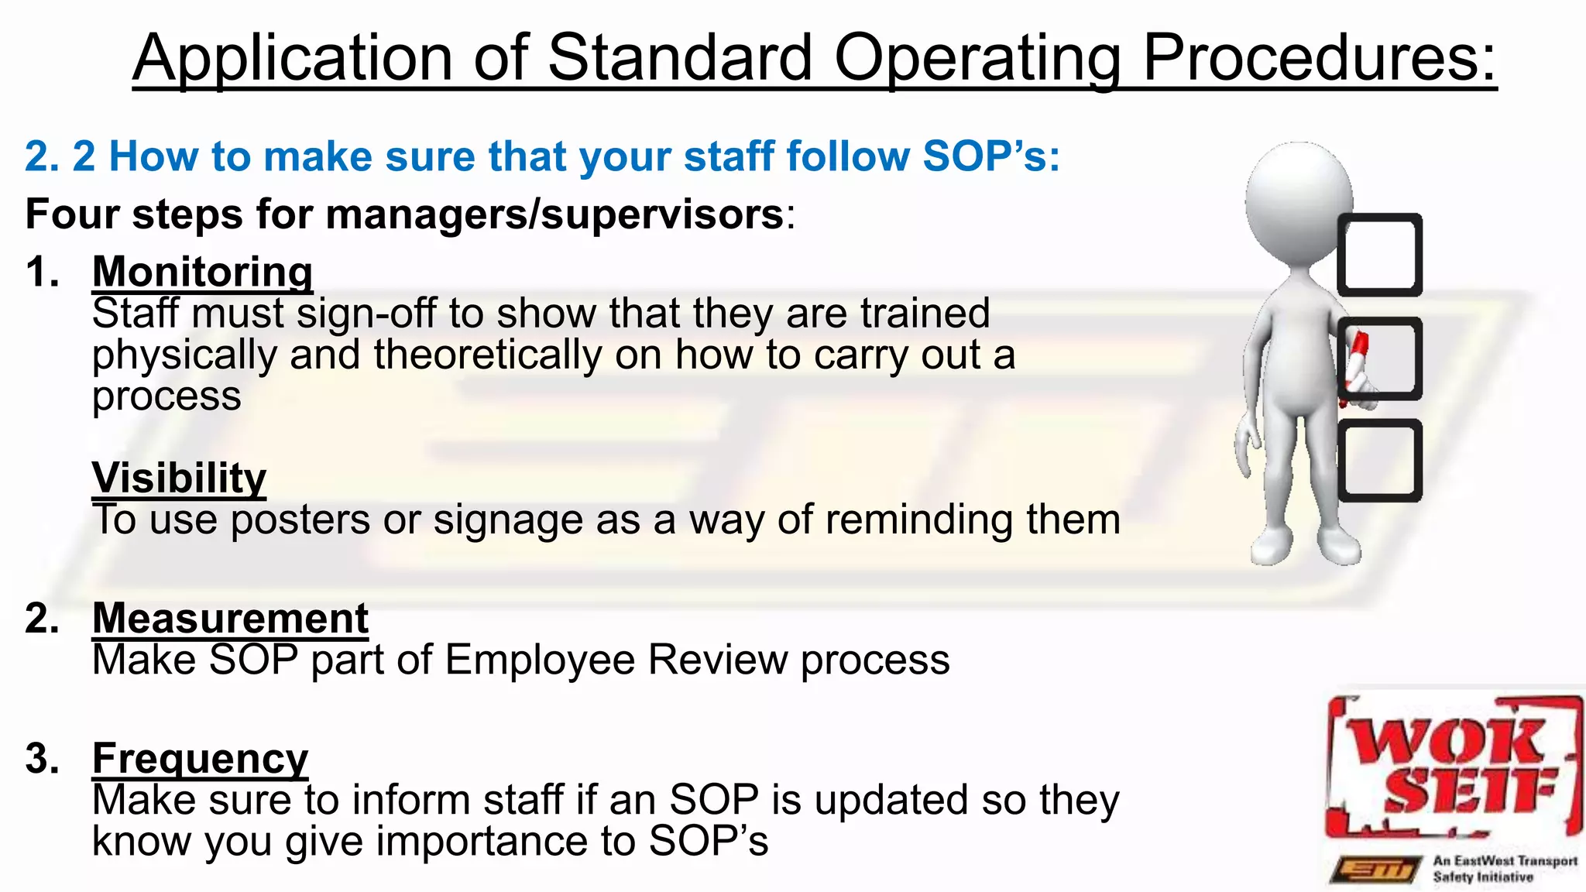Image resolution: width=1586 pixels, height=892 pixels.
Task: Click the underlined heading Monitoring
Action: pyautogui.click(x=202, y=273)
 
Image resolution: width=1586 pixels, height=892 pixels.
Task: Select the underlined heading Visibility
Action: pyautogui.click(x=179, y=478)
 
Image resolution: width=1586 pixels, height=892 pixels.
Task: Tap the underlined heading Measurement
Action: pyautogui.click(x=230, y=619)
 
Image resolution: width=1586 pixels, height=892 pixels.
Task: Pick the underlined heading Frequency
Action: pyautogui.click(x=200, y=758)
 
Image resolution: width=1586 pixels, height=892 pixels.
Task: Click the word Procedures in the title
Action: pyautogui.click(x=1319, y=58)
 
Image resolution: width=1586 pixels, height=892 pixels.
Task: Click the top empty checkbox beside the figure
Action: pyautogui.click(x=1380, y=255)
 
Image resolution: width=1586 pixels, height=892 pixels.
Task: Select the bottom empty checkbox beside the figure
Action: pyautogui.click(x=1380, y=461)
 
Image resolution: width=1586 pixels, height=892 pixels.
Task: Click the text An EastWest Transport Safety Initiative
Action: pyautogui.click(x=1503, y=869)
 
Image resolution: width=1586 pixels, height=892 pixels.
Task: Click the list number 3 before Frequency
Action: pyautogui.click(x=41, y=758)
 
